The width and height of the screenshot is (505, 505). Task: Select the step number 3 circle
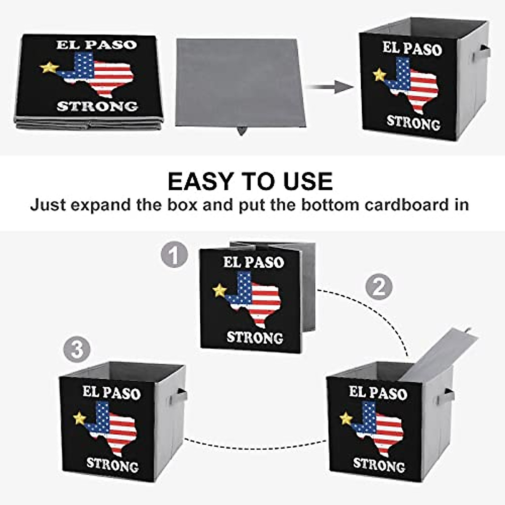[x=77, y=349]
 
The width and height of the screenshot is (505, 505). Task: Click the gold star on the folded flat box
[x=49, y=67]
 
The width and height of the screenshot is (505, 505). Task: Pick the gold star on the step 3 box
[x=79, y=418]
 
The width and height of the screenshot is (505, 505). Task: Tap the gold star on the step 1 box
[x=219, y=290]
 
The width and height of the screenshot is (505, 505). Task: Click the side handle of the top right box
[x=481, y=53]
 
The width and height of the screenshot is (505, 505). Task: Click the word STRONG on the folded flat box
[x=97, y=106]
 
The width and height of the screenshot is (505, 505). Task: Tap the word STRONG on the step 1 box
[x=255, y=338]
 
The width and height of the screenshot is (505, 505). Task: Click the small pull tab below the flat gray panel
[x=241, y=130]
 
